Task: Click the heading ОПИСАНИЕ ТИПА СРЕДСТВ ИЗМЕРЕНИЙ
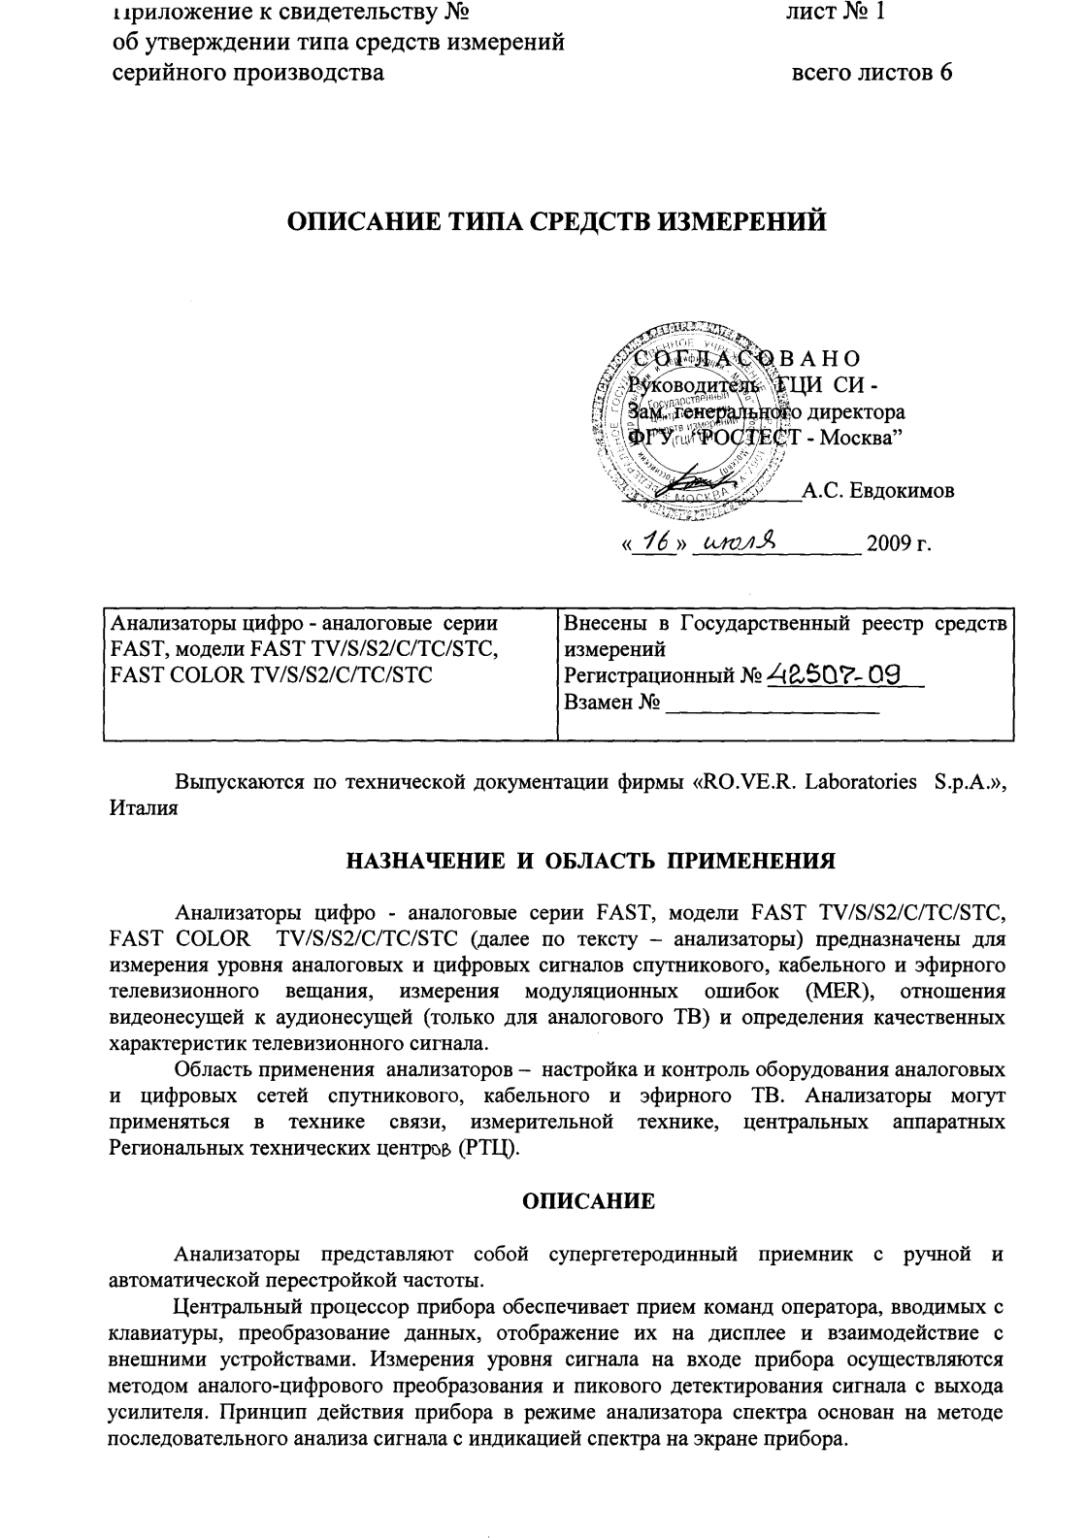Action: click(557, 222)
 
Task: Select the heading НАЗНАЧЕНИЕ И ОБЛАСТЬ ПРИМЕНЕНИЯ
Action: click(591, 861)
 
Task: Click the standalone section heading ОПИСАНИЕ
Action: click(589, 1202)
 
